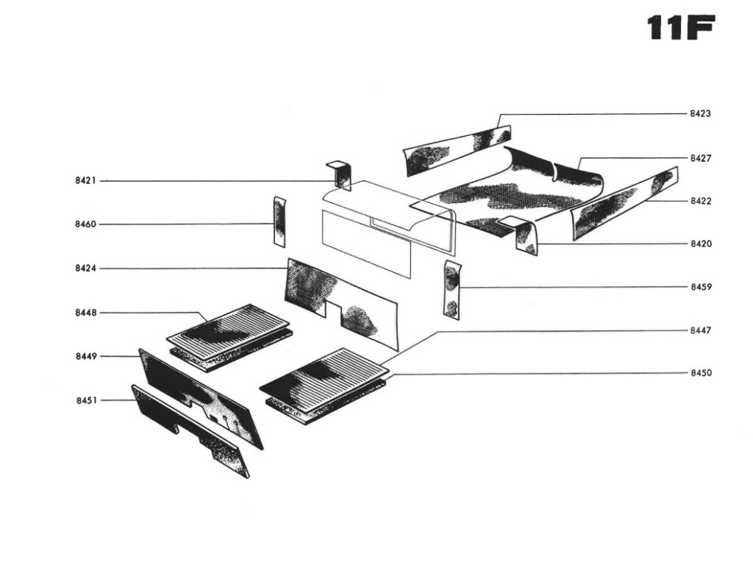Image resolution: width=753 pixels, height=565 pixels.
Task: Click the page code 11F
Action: [680, 29]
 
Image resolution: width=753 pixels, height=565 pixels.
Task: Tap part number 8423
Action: [700, 114]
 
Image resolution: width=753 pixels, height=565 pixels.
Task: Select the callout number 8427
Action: [700, 158]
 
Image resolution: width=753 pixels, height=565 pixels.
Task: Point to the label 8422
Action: [700, 201]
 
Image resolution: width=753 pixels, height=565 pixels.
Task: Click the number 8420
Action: [700, 244]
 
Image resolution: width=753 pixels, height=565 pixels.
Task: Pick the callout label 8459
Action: [700, 286]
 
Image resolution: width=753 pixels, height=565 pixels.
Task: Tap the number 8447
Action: [700, 330]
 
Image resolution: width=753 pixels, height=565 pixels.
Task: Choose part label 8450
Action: [700, 373]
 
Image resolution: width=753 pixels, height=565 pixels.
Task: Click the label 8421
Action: [86, 181]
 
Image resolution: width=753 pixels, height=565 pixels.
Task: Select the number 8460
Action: [86, 224]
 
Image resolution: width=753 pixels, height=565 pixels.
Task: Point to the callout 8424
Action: [86, 269]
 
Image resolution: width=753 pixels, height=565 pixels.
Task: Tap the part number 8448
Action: [86, 313]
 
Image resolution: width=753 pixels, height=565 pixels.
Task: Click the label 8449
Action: [86, 357]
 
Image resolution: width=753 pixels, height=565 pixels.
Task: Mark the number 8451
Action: [86, 400]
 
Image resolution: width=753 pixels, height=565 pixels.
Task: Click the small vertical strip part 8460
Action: [279, 221]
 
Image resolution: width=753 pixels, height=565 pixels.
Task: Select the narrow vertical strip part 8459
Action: [452, 289]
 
